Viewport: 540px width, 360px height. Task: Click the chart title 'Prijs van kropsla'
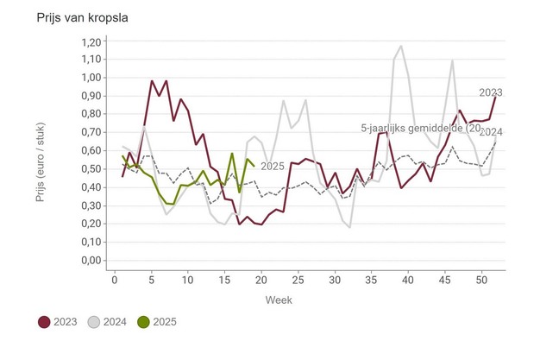point(73,17)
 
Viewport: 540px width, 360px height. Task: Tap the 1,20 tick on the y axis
point(90,41)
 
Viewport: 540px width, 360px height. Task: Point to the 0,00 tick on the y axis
point(90,261)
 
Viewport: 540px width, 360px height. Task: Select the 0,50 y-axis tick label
point(90,169)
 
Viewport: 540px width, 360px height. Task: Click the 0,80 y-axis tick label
point(90,114)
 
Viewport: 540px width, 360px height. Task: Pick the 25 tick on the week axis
point(298,279)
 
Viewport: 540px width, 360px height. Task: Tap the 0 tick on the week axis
point(114,279)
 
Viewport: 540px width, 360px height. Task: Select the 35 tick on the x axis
point(372,279)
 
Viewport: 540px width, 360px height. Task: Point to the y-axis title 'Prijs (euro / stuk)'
point(41,152)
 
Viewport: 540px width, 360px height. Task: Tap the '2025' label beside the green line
point(273,167)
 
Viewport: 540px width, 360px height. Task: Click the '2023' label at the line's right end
point(492,92)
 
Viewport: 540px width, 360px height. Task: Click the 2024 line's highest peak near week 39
point(401,47)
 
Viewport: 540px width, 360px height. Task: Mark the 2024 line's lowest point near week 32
point(349,227)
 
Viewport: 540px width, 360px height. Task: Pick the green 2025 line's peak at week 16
point(232,154)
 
